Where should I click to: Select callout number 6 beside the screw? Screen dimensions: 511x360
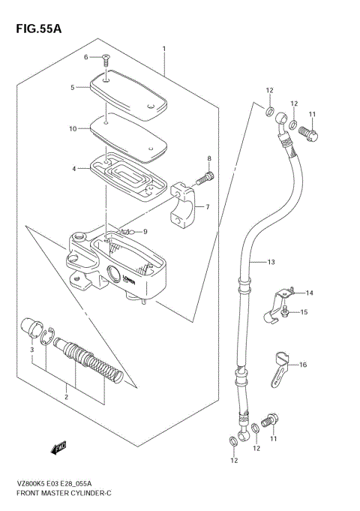click(85, 57)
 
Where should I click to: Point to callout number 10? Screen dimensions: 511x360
click(73, 128)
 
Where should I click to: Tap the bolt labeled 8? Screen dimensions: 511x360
click(205, 179)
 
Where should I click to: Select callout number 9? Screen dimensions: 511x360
click(145, 231)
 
